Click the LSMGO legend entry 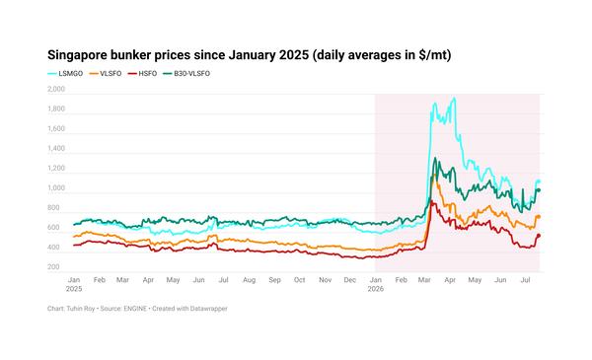[x=65, y=74]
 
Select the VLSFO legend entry [x=106, y=74]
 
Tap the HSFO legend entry [x=142, y=74]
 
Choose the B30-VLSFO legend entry [x=186, y=74]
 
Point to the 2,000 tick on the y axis [x=56, y=89]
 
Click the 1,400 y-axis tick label [x=56, y=148]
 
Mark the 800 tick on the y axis [x=53, y=207]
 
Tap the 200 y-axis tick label [x=53, y=266]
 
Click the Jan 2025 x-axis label [x=74, y=284]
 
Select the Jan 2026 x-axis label [x=376, y=284]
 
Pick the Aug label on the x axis [x=250, y=280]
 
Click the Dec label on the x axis [x=350, y=280]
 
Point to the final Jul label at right [x=525, y=280]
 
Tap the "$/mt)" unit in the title [x=435, y=55]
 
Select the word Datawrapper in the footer [x=209, y=309]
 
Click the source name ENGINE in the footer [x=135, y=309]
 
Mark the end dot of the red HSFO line [x=539, y=236]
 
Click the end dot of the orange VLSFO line [x=539, y=217]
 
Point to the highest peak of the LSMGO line [x=454, y=99]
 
